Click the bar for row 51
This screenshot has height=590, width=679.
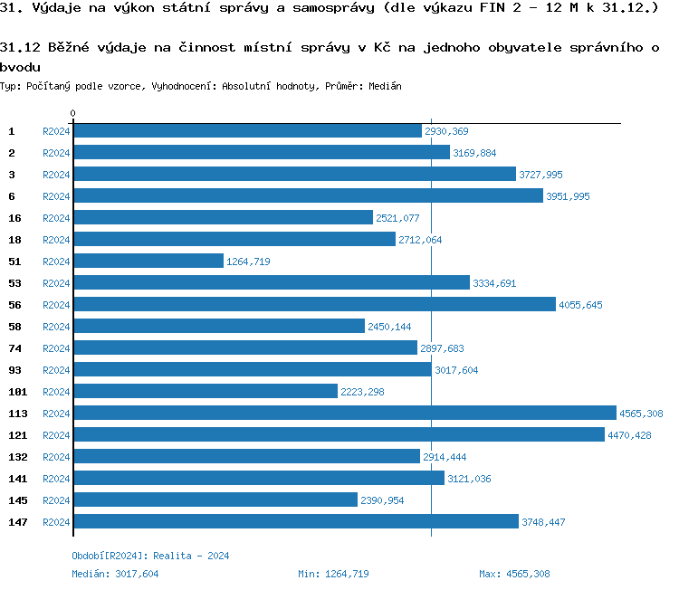[x=148, y=261]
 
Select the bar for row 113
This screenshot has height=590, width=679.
[x=344, y=413]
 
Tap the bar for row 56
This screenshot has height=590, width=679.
[x=314, y=304]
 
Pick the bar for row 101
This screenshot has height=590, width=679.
[x=205, y=391]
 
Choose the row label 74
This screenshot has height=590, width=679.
[x=14, y=347]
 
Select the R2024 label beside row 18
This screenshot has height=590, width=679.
[x=56, y=239]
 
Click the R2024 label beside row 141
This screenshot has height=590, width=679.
[x=56, y=478]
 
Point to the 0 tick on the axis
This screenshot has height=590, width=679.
[x=72, y=113]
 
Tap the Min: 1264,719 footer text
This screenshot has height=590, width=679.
[x=333, y=574]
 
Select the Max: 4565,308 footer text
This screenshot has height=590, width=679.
[x=514, y=574]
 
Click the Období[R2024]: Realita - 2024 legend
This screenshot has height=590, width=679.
[x=150, y=556]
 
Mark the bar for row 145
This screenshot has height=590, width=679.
[x=215, y=500]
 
